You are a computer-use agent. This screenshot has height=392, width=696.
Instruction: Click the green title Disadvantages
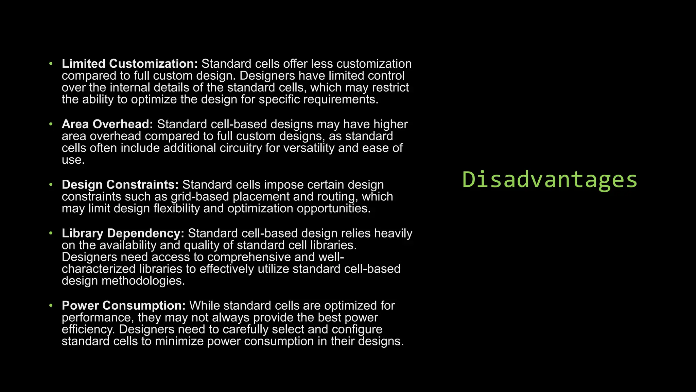click(x=550, y=180)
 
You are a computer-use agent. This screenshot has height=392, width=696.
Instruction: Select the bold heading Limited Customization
click(x=129, y=64)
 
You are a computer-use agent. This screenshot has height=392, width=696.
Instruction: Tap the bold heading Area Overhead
click(x=107, y=124)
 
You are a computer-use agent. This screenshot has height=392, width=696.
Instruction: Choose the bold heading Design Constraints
click(x=120, y=185)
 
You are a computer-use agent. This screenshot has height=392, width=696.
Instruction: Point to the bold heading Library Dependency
click(x=123, y=233)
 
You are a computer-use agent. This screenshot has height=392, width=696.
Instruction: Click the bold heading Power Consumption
click(x=124, y=306)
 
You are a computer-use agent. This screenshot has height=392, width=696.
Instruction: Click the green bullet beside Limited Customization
click(x=51, y=64)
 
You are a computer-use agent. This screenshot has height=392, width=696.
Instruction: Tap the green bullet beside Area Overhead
click(x=51, y=124)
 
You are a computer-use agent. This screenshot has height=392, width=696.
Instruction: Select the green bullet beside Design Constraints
click(x=51, y=185)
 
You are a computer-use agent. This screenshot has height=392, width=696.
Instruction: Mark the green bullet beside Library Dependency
click(x=51, y=233)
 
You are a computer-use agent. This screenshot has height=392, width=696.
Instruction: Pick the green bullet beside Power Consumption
click(x=51, y=306)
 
